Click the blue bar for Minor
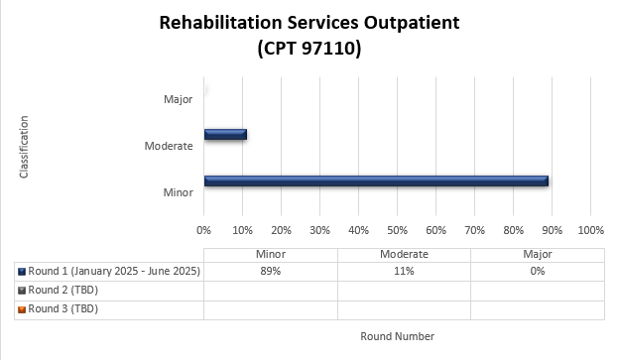[376, 180]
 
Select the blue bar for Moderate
[225, 134]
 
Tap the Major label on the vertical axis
[179, 99]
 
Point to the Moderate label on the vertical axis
[169, 146]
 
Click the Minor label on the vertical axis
[179, 192]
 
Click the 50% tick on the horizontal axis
[397, 230]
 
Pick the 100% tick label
[591, 230]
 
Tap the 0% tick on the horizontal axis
[203, 230]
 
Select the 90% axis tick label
[553, 230]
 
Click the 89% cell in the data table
[271, 271]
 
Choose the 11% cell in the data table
[404, 271]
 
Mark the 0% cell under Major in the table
[538, 271]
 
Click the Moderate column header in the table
[404, 254]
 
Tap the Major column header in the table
[538, 254]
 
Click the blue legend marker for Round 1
[22, 272]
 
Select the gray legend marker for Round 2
[22, 291]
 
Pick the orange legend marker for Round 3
[22, 309]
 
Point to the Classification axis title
[24, 147]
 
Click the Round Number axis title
[397, 336]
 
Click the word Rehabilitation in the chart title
[220, 23]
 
